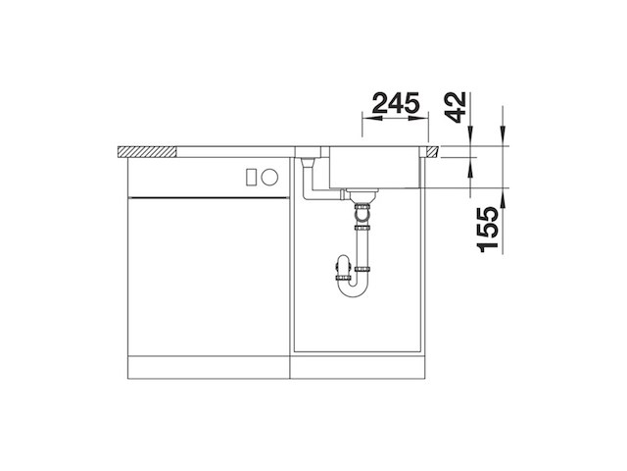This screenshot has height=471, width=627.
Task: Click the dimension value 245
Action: pos(396,103)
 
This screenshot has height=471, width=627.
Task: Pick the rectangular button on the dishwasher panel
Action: pos(251,178)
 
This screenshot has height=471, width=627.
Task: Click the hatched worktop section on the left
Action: pos(146,151)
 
